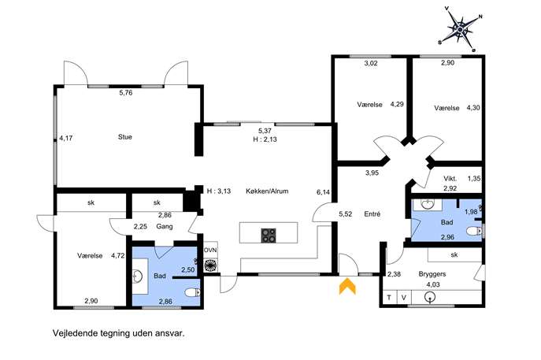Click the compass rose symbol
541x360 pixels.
[460, 30]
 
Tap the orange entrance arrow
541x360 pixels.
[347, 287]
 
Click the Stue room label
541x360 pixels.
[125, 137]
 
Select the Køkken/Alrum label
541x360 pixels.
[267, 191]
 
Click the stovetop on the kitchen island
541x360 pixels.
[269, 236]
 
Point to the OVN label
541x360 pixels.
[210, 250]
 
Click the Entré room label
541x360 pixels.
[372, 214]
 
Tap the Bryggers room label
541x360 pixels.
[432, 274]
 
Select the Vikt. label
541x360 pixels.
[450, 179]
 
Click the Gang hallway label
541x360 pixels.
[165, 227]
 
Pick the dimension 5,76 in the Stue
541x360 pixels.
[126, 92]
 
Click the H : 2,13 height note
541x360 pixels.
[265, 139]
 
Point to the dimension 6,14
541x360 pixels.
[324, 192]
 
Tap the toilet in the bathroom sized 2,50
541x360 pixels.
[192, 293]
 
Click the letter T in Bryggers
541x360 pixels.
[389, 298]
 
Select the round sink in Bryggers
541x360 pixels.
[430, 297]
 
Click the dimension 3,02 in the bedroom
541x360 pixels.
[371, 63]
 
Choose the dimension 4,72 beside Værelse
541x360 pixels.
[117, 256]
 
